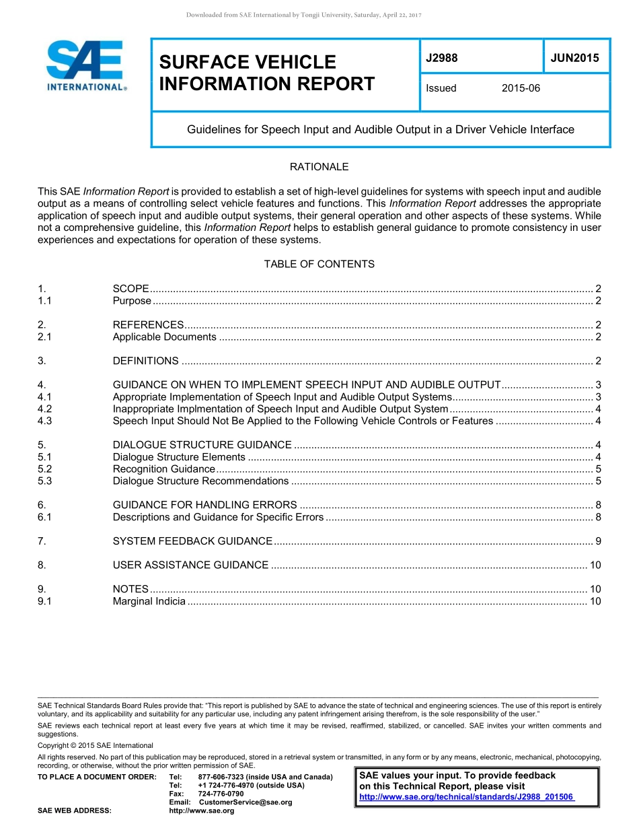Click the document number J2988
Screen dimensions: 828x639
(441, 58)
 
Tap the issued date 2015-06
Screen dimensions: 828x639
(521, 88)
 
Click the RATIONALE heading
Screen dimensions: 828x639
(319, 167)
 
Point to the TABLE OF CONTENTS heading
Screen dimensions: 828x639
(319, 264)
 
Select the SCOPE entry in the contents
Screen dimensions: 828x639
(130, 289)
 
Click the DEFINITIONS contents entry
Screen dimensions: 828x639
(145, 361)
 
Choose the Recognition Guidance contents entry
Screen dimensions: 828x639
(163, 469)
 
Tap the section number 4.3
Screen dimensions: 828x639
(45, 421)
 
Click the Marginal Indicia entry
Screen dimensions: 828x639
(149, 601)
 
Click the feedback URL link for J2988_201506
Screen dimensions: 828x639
(466, 797)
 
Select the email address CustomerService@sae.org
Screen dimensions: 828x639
(246, 802)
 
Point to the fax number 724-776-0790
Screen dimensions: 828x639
(221, 794)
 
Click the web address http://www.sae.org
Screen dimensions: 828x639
(201, 810)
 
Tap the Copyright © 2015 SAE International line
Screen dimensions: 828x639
(96, 745)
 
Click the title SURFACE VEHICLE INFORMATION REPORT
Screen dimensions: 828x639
(266, 73)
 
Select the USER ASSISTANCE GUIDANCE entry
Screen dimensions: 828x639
(190, 565)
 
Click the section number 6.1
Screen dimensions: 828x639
(45, 517)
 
